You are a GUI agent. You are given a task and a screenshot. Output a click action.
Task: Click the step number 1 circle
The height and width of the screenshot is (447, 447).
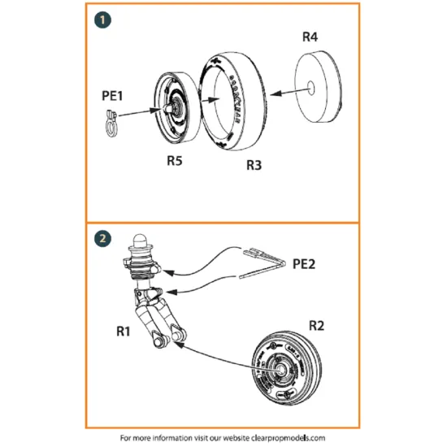pyautogui.click(x=101, y=20)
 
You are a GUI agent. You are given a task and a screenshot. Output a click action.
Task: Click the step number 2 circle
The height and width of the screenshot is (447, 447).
pyautogui.click(x=101, y=239)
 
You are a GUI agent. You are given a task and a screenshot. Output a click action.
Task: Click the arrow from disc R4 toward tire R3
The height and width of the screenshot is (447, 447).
pyautogui.click(x=284, y=93)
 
